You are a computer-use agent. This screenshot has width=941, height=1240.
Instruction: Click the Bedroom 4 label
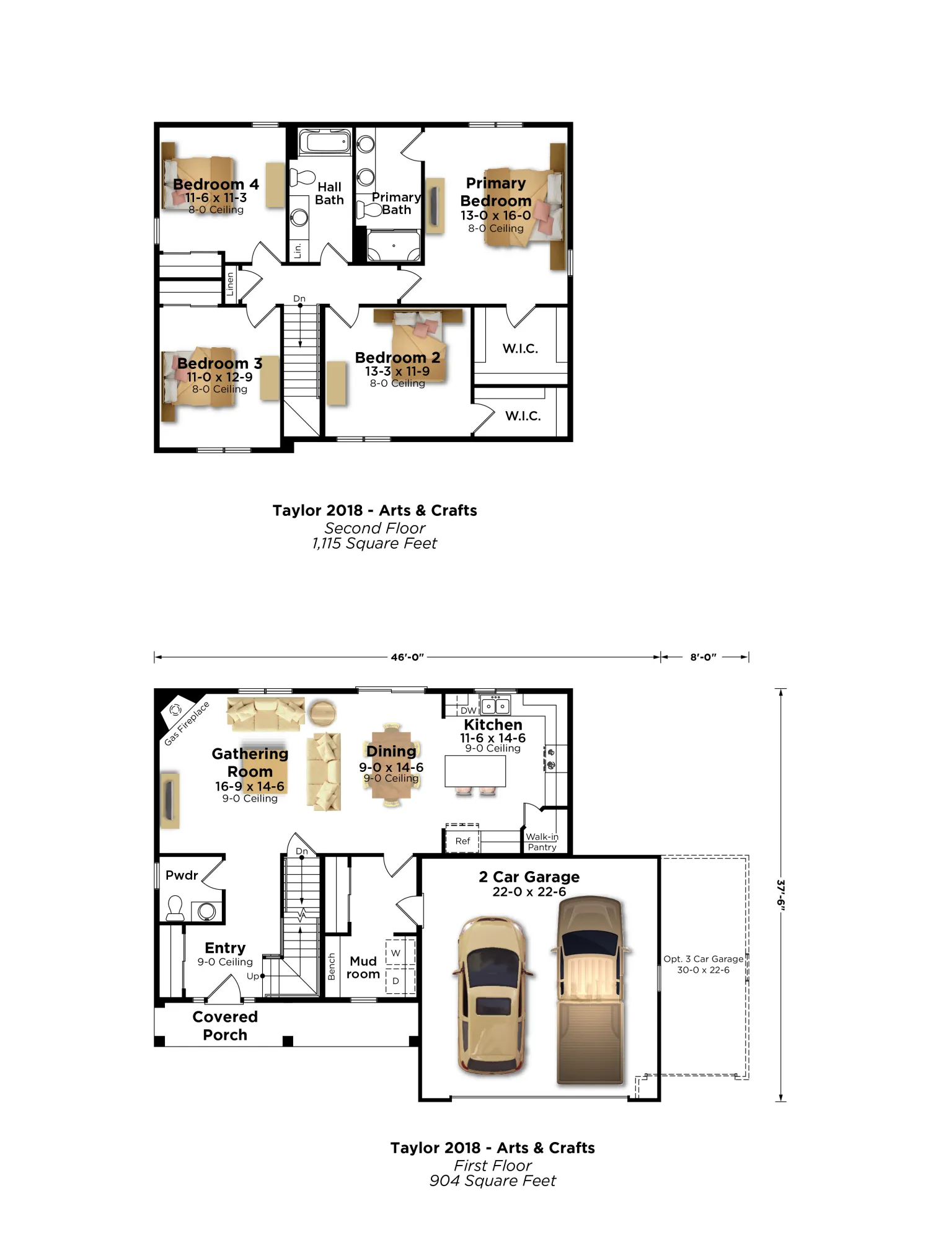(216, 184)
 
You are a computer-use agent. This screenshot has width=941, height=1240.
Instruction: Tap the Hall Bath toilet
(303, 177)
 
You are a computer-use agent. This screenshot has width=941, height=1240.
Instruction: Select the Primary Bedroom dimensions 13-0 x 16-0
(495, 215)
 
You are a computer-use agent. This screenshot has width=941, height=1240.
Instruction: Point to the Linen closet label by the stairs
(230, 284)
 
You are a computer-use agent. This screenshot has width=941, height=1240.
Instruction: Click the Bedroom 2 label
(397, 358)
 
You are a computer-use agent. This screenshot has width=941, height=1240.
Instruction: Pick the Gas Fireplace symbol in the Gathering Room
(175, 709)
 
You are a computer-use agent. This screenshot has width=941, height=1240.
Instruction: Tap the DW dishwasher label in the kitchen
(468, 711)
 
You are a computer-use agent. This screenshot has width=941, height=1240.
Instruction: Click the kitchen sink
(496, 706)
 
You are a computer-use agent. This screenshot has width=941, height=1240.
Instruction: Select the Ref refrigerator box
(462, 839)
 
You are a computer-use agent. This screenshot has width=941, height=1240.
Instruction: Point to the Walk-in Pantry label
(542, 842)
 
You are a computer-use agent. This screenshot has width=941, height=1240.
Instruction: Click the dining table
(391, 765)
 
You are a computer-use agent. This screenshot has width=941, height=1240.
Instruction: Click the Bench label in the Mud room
(331, 967)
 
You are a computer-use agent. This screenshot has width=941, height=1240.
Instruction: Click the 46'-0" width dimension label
(407, 657)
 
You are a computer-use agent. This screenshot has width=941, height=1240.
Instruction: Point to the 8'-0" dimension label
(704, 657)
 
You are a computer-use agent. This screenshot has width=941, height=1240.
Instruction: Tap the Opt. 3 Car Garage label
(704, 964)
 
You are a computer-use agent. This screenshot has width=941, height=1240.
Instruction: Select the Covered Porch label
(225, 1025)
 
